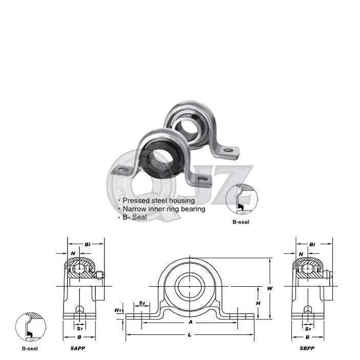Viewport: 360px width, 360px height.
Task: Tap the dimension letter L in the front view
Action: coord(190,334)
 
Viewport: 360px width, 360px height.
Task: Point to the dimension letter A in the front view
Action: coord(190,323)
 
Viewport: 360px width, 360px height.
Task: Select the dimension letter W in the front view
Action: coord(269,288)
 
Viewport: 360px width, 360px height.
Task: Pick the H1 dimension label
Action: coord(117,310)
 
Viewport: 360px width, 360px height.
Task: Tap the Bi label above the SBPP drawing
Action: coord(313,245)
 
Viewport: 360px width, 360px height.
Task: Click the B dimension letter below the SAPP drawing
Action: coord(78,337)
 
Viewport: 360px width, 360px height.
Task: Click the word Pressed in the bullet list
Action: coord(136,201)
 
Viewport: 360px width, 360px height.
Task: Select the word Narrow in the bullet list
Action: coord(134,209)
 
